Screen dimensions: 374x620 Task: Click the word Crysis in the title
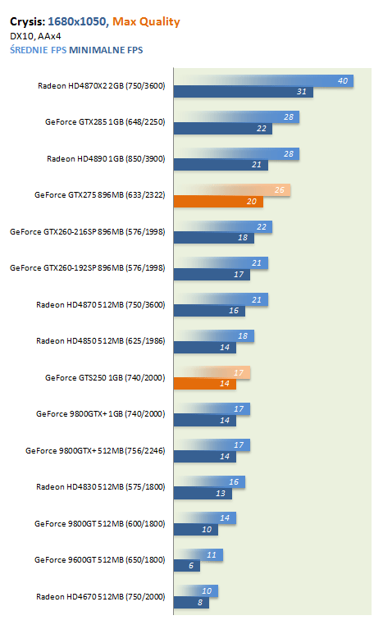(x=27, y=22)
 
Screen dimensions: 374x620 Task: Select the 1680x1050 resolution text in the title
(x=77, y=21)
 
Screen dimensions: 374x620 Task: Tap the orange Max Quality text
(x=146, y=22)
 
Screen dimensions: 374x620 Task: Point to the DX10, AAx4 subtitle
(x=35, y=36)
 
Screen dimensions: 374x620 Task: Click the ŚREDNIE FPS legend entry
(x=39, y=50)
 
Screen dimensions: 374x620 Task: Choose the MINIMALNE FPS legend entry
(x=106, y=50)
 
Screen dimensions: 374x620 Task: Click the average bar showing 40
(x=264, y=80)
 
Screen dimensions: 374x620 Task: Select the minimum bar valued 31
(x=244, y=92)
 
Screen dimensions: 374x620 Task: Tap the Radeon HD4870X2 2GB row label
(x=102, y=86)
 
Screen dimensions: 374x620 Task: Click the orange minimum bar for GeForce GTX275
(x=219, y=201)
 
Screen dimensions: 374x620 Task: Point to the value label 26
(x=280, y=189)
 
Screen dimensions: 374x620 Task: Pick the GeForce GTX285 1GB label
(x=105, y=121)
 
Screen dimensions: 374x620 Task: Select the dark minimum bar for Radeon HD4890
(x=221, y=165)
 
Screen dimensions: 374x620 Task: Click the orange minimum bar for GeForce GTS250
(x=205, y=384)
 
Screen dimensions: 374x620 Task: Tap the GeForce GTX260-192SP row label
(x=88, y=267)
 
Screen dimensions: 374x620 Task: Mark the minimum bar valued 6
(x=187, y=566)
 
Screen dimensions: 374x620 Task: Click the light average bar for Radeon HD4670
(x=196, y=590)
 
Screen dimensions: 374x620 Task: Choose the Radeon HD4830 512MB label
(x=101, y=487)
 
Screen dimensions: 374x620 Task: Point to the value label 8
(x=200, y=603)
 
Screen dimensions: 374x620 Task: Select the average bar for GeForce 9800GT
(x=205, y=518)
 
